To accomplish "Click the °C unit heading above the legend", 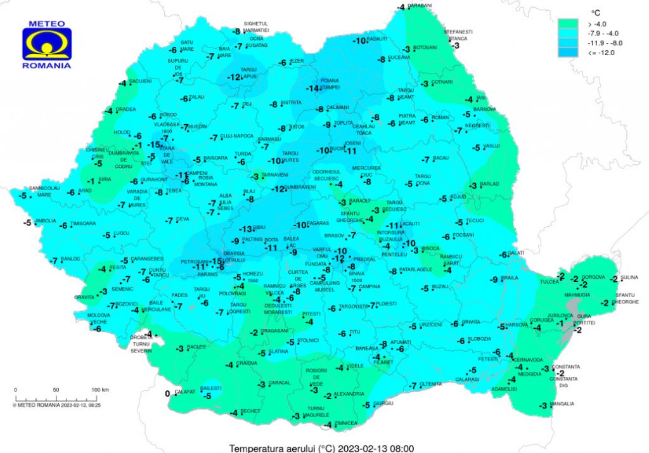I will [596, 12].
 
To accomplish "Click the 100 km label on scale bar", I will [100, 389].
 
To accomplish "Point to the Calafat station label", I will [184, 392].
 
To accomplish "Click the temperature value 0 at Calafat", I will [167, 393].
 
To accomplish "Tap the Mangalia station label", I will [563, 404].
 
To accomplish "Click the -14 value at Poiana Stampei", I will [312, 89].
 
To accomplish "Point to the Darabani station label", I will [420, 5].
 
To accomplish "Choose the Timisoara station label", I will [83, 224].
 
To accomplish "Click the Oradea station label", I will [125, 109].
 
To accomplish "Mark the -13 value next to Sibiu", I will [245, 229].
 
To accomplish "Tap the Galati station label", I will [517, 253].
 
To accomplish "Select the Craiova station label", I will [247, 363].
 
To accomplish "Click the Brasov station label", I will [333, 235].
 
